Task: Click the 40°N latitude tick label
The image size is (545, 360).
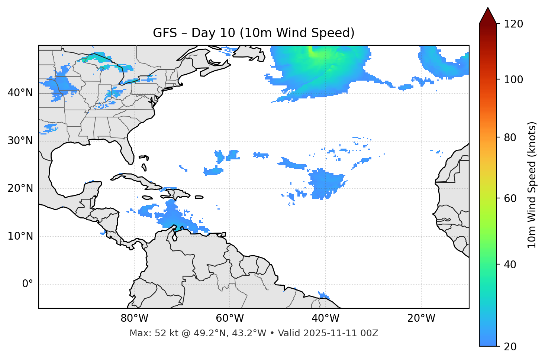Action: click(20, 93)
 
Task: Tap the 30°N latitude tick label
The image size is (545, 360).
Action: click(20, 141)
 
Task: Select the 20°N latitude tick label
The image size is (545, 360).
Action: click(20, 188)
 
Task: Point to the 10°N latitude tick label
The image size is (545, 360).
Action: click(20, 236)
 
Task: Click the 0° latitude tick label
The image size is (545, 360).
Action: click(28, 284)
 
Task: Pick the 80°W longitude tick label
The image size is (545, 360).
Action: click(134, 318)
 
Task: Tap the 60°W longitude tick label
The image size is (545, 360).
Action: click(230, 318)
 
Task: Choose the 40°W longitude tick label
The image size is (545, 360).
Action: click(326, 318)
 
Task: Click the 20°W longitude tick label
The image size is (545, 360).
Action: click(421, 318)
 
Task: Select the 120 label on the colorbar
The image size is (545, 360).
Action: click(513, 24)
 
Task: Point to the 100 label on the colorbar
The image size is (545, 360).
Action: click(513, 80)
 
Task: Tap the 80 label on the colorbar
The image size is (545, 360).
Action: click(510, 137)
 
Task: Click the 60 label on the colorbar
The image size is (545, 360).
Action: click(510, 198)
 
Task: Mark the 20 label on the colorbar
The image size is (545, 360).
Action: click(510, 347)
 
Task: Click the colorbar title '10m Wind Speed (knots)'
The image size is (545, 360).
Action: click(532, 185)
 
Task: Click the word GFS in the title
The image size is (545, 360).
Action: click(165, 33)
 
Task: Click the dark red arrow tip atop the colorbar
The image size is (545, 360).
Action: click(488, 15)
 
